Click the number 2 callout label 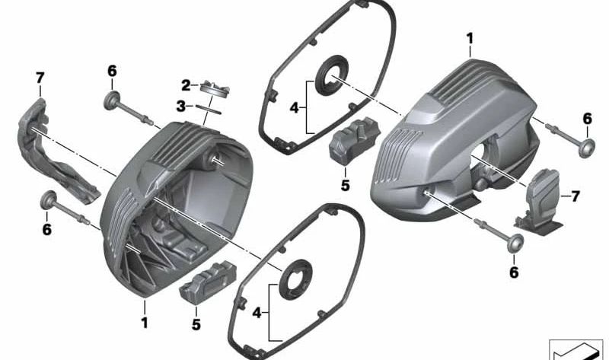[x=185, y=84]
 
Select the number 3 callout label [x=180, y=107]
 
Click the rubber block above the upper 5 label [x=352, y=140]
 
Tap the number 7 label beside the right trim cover [x=575, y=196]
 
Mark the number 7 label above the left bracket [x=40, y=77]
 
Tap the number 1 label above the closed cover [x=470, y=37]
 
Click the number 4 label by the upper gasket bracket [x=295, y=107]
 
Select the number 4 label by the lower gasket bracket [x=257, y=312]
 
